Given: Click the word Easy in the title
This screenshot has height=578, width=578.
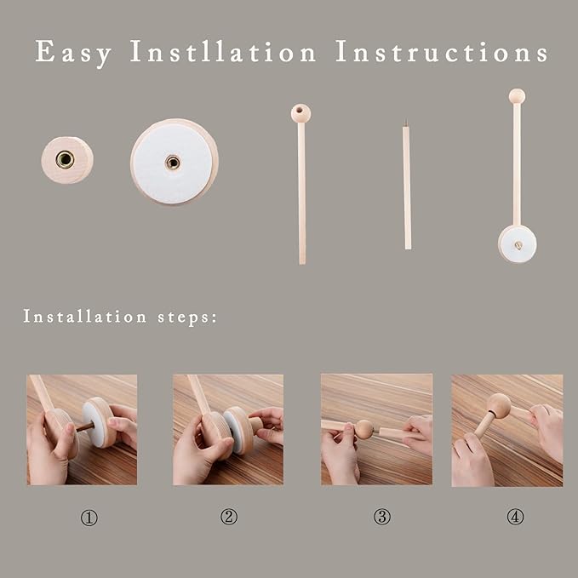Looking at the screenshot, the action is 73,53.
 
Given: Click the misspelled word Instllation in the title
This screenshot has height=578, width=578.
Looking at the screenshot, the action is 223,51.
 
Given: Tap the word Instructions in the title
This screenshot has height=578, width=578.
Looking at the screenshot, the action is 441,51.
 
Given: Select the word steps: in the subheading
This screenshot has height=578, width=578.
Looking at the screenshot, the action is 187,318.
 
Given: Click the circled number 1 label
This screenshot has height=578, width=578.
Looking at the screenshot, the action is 89,518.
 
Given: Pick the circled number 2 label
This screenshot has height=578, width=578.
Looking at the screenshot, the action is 229,517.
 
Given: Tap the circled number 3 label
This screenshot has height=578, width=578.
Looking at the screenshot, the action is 382,517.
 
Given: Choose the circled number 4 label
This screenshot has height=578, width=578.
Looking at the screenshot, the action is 515,517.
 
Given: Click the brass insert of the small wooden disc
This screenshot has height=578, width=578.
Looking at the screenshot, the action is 65,160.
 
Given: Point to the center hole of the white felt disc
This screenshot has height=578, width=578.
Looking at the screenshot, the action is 173,163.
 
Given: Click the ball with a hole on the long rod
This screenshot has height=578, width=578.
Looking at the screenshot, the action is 300,113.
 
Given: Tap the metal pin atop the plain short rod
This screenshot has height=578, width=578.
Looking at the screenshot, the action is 406,123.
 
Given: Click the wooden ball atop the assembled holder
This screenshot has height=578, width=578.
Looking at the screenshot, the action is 517,96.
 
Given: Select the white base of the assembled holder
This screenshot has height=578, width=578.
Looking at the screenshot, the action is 518,244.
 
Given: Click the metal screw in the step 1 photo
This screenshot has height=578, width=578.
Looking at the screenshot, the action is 85,427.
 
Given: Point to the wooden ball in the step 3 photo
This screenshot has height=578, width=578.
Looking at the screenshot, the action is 363,429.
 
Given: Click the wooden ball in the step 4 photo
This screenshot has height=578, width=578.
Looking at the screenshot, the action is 499,405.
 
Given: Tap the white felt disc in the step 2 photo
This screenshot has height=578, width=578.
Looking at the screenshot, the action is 232,432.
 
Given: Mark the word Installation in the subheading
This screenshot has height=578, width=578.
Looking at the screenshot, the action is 85,317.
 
